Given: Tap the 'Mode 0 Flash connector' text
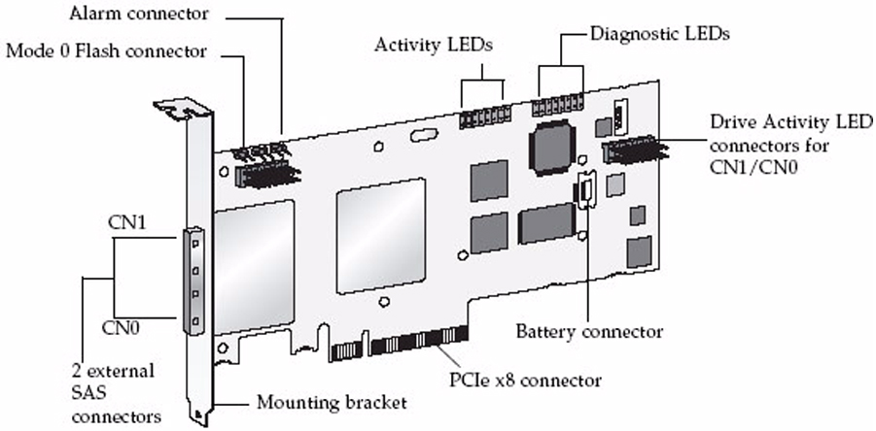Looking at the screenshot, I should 107,50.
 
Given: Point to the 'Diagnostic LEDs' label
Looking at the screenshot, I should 660,33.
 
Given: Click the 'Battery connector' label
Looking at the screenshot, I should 591,331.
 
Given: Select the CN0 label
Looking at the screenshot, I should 124,328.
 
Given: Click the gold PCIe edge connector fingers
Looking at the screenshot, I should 400,343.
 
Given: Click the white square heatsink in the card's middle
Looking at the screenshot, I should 380,222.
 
